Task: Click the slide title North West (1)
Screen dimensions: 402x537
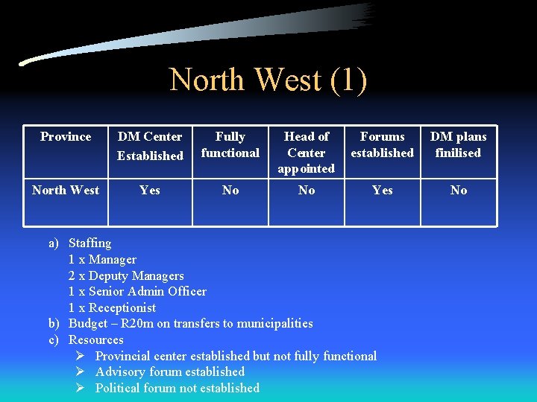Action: pos(268,80)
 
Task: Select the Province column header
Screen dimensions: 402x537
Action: pos(66,137)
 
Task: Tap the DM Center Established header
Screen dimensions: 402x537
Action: pos(150,146)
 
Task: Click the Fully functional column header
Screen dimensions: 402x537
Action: pos(230,145)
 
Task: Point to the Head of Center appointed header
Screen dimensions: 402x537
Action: pos(306,153)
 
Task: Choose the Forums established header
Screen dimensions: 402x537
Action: pos(382,145)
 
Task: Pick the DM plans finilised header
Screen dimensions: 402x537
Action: pos(458,145)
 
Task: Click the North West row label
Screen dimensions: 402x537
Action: pos(66,191)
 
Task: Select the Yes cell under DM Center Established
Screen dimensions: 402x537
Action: pos(150,191)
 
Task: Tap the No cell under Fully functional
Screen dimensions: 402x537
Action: pos(230,191)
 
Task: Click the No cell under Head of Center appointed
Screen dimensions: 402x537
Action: pos(307,191)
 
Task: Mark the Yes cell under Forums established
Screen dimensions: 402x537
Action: pos(383,191)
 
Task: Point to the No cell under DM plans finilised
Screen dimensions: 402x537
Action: pos(459,191)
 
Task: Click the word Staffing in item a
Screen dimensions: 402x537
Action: pos(89,243)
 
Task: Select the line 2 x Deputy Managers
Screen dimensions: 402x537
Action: pos(126,275)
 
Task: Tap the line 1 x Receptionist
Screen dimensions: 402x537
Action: pos(112,307)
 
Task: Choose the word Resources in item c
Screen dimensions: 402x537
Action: pos(96,340)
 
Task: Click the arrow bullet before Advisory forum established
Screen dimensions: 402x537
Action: pos(81,371)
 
